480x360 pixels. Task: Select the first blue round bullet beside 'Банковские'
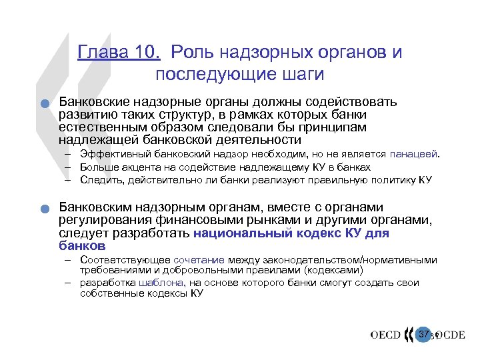[x=42, y=103]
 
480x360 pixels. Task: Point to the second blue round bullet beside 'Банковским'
[x=42, y=209]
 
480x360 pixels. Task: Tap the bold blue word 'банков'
[x=83, y=245]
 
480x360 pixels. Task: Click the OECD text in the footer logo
[x=386, y=335]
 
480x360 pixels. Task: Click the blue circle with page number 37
[x=423, y=333]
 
